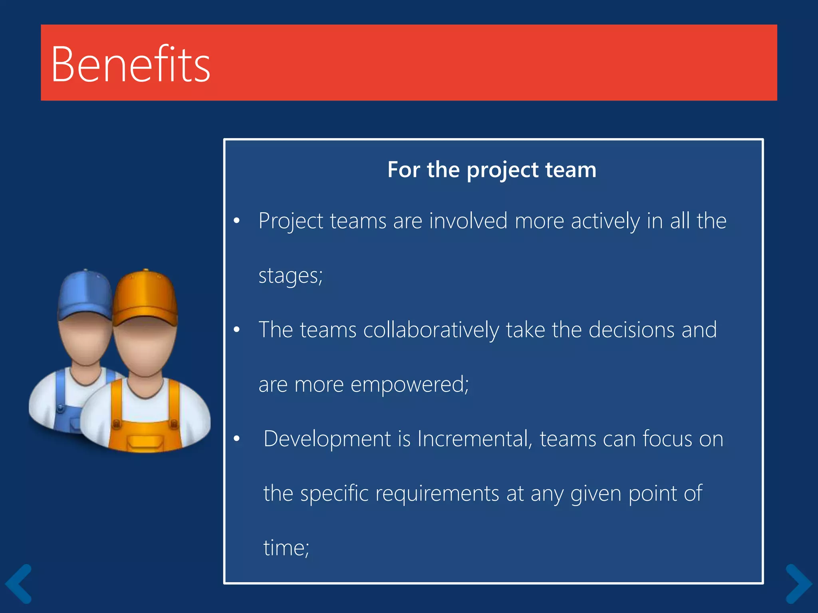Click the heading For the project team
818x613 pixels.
pyautogui.click(x=492, y=170)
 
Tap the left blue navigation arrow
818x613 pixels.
pyautogui.click(x=19, y=583)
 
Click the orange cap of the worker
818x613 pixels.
pyautogui.click(x=145, y=297)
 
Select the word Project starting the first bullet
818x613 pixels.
pyautogui.click(x=290, y=221)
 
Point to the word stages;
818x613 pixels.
pyautogui.click(x=290, y=276)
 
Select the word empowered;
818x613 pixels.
pyautogui.click(x=409, y=385)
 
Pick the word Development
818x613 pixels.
pyautogui.click(x=327, y=439)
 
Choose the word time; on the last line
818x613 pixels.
pyautogui.click(x=286, y=548)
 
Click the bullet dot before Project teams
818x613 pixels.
pyautogui.click(x=237, y=220)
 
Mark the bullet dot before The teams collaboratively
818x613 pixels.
pyautogui.click(x=237, y=329)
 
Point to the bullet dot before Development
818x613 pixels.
pyautogui.click(x=237, y=438)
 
